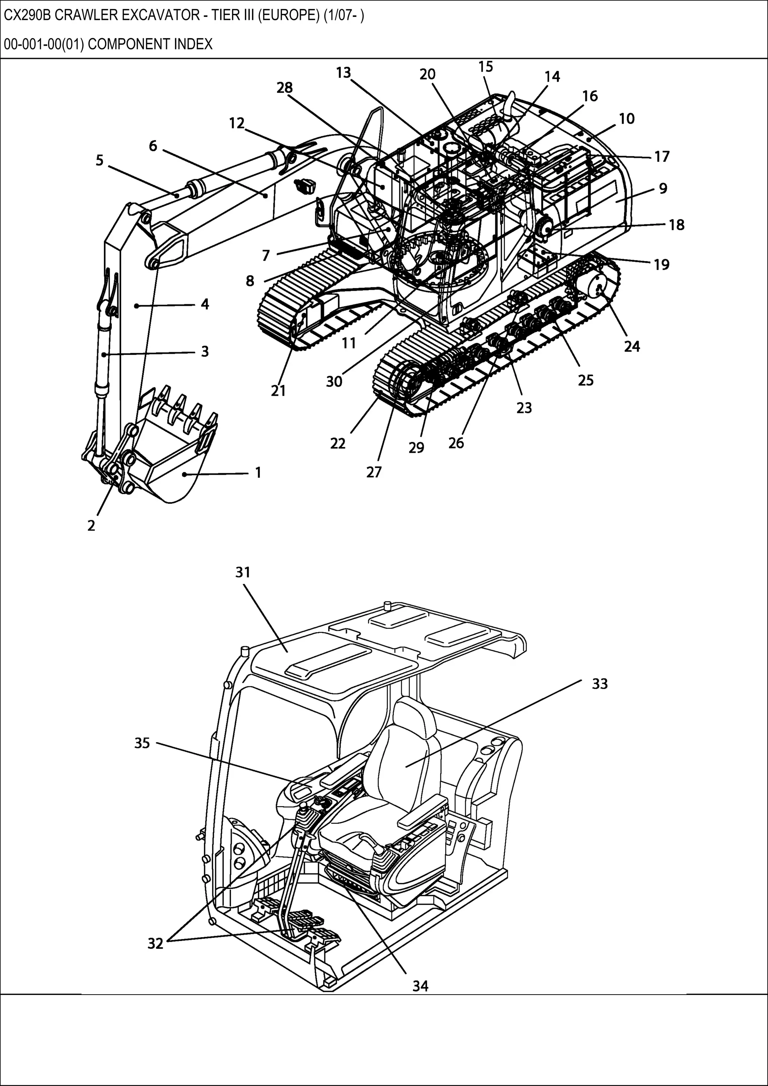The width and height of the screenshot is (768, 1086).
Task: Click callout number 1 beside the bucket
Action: click(x=258, y=472)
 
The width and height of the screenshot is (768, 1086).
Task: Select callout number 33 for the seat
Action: click(x=600, y=684)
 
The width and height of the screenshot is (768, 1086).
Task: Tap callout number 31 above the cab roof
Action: click(x=243, y=572)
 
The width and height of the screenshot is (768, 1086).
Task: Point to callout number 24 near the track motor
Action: click(x=632, y=346)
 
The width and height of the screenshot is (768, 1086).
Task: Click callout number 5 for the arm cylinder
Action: click(x=99, y=160)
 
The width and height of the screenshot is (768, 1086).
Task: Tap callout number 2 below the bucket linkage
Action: click(x=91, y=525)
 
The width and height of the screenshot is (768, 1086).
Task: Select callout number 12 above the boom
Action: click(x=237, y=123)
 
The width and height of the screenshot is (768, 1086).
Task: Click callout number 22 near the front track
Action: click(x=338, y=443)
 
